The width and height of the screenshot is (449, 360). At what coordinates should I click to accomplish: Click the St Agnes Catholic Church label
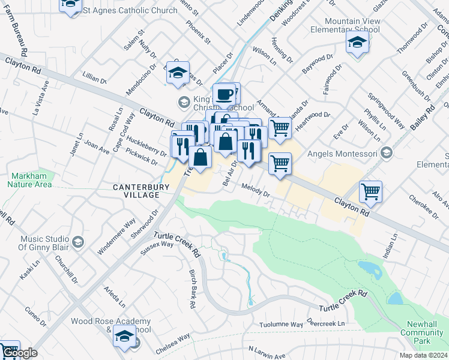(130, 10)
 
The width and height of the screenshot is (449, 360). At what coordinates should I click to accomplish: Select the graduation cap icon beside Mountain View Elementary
(357, 43)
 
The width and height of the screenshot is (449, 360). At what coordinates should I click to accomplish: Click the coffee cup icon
(225, 94)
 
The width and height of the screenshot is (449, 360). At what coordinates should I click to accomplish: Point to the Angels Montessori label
(342, 154)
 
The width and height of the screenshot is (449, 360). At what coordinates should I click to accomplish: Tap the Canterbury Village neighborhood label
(136, 191)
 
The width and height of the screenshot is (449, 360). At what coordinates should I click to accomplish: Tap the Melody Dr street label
(256, 190)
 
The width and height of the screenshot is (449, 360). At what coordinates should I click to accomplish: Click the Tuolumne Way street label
(280, 324)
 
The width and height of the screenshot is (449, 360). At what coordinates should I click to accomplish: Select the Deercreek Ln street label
(326, 323)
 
